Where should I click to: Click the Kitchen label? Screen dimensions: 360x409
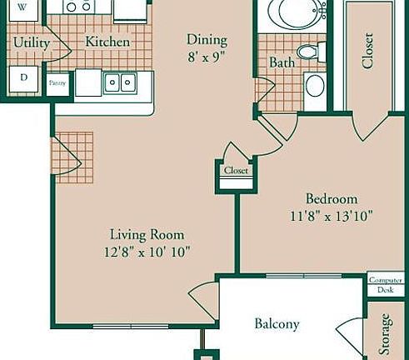[x=108, y=42]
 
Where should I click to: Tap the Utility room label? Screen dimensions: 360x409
[x=31, y=42]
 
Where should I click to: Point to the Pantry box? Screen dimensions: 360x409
[x=57, y=83]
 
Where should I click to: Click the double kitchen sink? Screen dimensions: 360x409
[x=122, y=82]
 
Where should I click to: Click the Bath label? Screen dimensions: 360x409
[x=282, y=63]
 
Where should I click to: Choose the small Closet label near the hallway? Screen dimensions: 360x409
[x=236, y=171]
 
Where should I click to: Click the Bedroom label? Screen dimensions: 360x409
[x=332, y=199]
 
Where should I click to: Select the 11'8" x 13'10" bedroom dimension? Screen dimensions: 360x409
[x=331, y=215]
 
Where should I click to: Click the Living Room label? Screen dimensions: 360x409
[x=147, y=235]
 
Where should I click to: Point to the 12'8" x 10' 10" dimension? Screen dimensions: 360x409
[x=147, y=252]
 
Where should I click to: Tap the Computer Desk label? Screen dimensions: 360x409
[x=386, y=284]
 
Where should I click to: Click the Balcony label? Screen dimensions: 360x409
[x=277, y=324]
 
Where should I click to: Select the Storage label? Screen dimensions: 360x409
[x=386, y=333]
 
